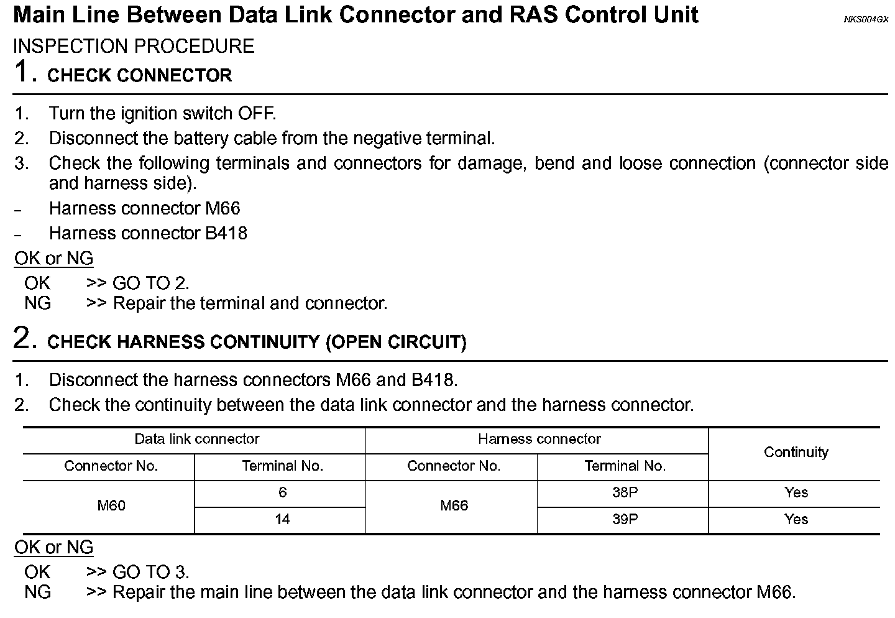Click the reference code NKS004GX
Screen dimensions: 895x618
click(x=866, y=19)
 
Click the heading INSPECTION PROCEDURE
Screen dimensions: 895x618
click(x=134, y=46)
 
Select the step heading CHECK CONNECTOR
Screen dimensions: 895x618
click(x=139, y=75)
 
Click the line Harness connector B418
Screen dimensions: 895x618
click(x=148, y=233)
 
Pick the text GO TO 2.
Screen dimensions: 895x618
click(x=150, y=283)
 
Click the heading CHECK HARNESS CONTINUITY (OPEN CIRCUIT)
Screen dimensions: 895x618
click(x=257, y=342)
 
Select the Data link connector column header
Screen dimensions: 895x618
click(x=196, y=439)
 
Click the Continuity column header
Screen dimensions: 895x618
click(x=796, y=452)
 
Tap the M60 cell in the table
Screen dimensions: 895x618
click(x=111, y=505)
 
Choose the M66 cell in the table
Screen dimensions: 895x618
click(x=454, y=505)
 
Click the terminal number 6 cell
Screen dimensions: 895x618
click(x=282, y=492)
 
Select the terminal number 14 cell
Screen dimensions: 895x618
click(x=282, y=519)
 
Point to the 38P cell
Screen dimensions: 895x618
click(x=625, y=492)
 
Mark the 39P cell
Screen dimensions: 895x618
click(x=625, y=519)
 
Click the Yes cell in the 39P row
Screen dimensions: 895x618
click(x=796, y=519)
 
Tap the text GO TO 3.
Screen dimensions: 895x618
click(x=150, y=572)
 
